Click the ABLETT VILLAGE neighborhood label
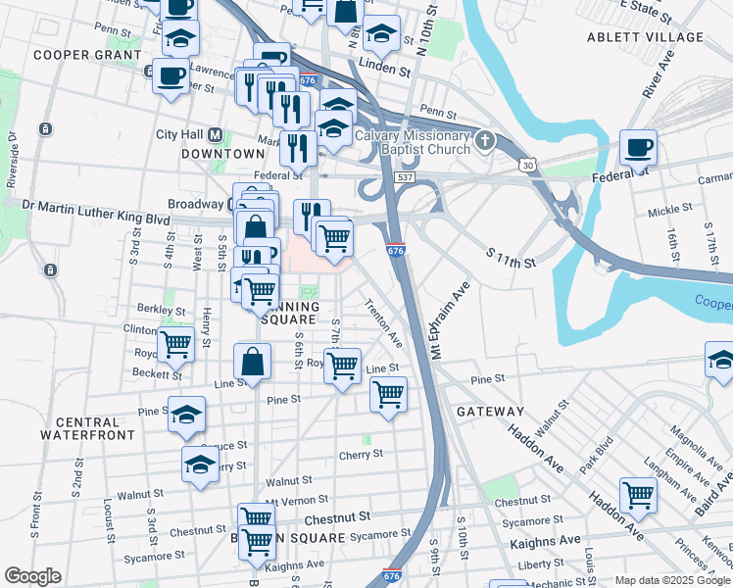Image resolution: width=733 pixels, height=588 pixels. point(645,37)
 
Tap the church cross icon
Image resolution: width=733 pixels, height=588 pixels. point(482,143)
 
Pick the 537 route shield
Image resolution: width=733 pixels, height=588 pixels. point(404,178)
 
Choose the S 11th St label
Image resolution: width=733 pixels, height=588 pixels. point(512,259)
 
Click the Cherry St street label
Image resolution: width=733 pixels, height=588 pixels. point(361,455)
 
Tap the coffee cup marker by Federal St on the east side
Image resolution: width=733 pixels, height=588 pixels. point(638,149)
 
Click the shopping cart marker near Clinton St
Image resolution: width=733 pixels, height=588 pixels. point(175,345)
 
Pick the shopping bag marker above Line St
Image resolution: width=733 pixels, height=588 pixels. point(253,361)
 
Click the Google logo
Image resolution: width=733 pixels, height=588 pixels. point(32,576)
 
